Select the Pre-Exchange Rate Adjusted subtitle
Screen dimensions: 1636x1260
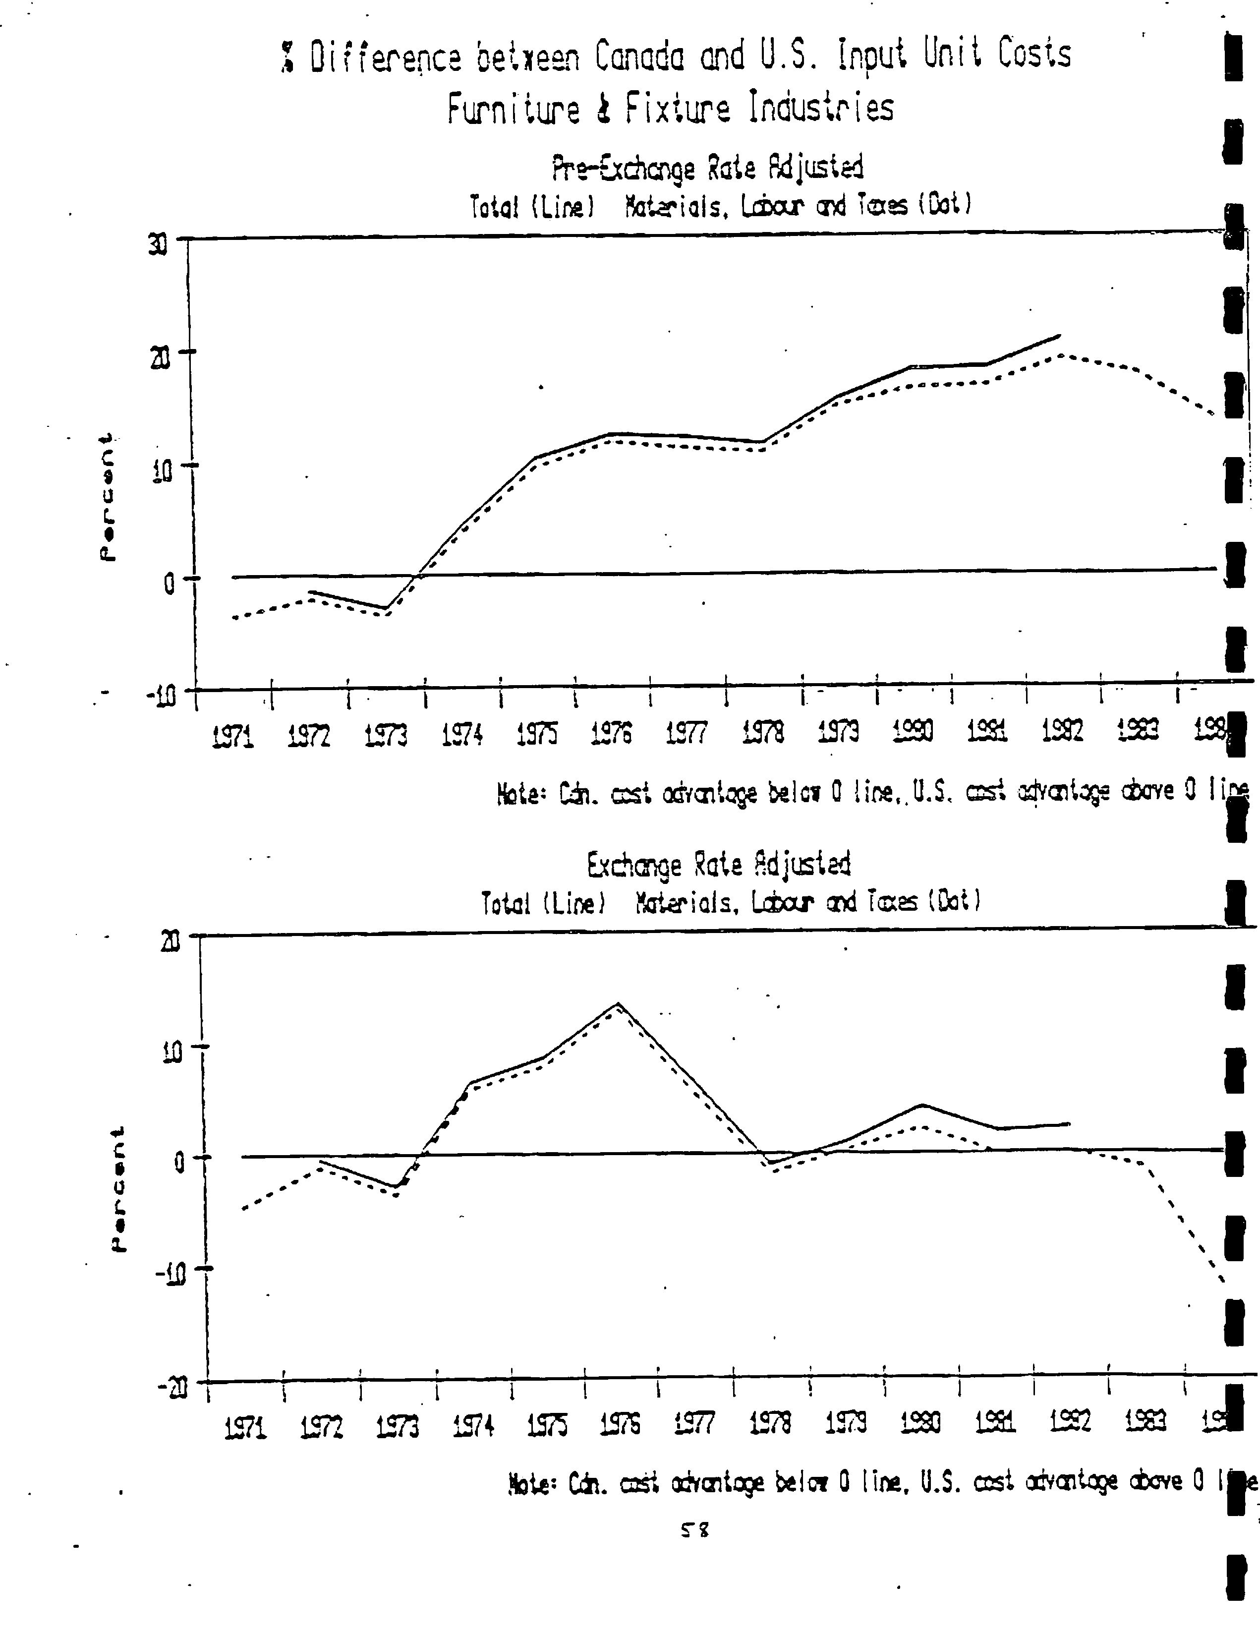(x=707, y=168)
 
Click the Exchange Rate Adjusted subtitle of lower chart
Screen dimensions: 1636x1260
(x=718, y=865)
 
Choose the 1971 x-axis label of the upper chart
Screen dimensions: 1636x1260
(x=232, y=738)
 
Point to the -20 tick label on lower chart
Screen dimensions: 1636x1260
(x=172, y=1388)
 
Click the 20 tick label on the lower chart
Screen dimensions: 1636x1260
(x=172, y=941)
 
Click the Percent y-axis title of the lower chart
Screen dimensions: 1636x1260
(x=117, y=1189)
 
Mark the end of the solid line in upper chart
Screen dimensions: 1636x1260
(x=1059, y=336)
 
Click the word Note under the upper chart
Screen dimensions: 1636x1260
(x=517, y=795)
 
